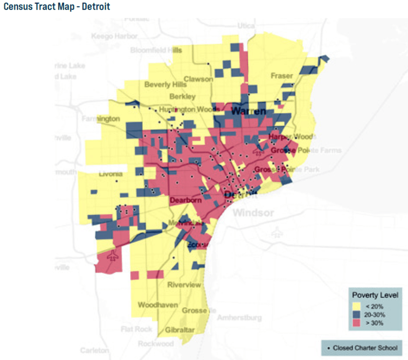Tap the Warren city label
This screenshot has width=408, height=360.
point(248,111)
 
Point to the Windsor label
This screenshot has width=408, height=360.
point(253,213)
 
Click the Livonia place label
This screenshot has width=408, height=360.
point(111,174)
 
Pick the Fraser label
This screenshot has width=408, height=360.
point(282,76)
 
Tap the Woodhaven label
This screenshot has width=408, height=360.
point(158,305)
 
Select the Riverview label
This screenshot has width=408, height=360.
point(184,285)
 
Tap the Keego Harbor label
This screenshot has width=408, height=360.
point(108,36)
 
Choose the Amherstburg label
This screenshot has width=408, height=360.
point(239,317)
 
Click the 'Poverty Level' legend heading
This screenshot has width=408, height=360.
point(375,295)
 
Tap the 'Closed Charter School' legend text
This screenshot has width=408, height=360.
point(365,347)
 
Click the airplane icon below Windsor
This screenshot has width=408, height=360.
point(276,232)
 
